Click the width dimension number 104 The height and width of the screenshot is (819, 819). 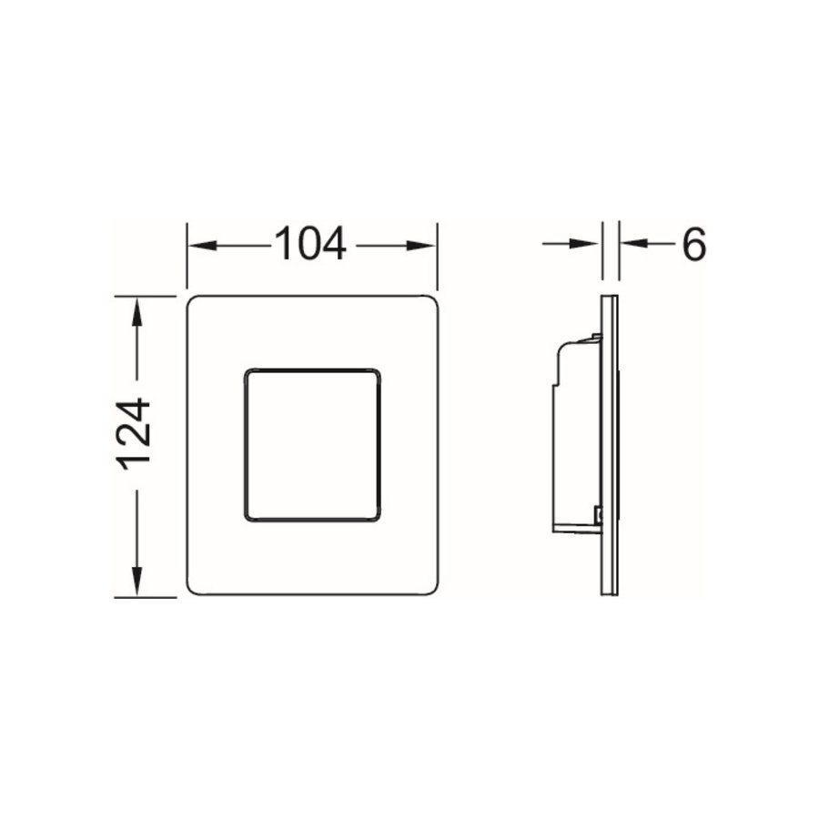point(311,244)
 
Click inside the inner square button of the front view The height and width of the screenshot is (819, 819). point(311,445)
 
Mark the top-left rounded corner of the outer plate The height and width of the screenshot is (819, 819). point(194,303)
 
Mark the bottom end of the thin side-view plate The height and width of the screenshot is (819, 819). point(611,593)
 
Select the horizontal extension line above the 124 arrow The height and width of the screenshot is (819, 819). point(144,297)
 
